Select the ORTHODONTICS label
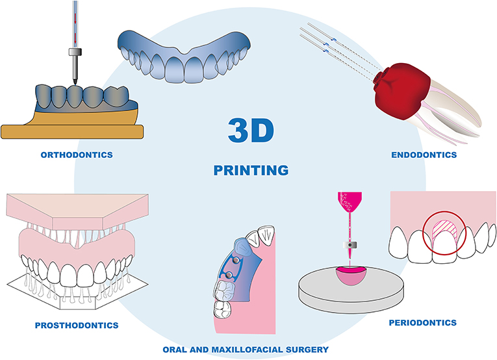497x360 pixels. click(x=77, y=155)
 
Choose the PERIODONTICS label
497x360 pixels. click(x=422, y=322)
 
